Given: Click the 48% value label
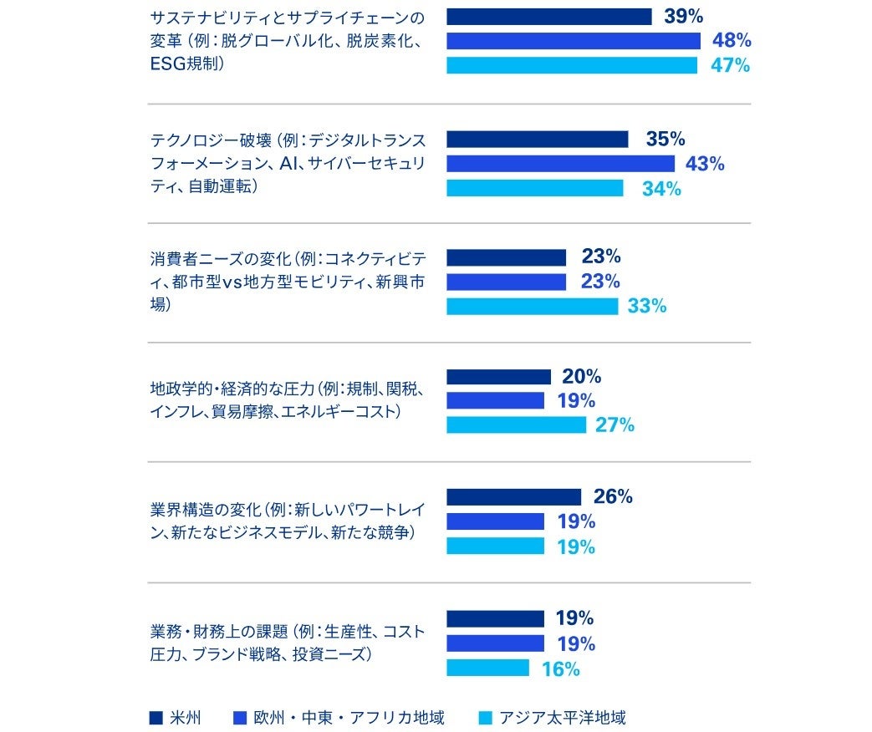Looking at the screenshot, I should coord(732,40).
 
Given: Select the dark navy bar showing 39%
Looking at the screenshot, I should coord(548,17).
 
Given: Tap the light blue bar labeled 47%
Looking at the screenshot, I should coord(572,65).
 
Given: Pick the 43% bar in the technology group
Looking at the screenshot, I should coord(560,164).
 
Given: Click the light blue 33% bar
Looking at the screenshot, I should coord(532,307).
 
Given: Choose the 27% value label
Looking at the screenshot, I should coord(614,425).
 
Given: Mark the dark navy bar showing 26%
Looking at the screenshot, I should coord(513,497).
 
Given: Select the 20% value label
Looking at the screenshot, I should coord(581,377).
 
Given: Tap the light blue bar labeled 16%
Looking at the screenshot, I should coord(487,668).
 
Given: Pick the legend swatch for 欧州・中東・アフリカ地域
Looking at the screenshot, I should coord(240,717).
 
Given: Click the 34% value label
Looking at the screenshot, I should coord(661,189).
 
